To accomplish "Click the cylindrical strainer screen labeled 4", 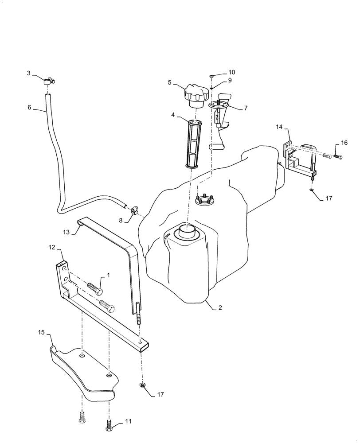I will (195, 144).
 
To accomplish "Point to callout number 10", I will (232, 72).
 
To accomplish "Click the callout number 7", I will (246, 108).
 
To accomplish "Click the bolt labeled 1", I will (95, 288).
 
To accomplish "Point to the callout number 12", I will (51, 248).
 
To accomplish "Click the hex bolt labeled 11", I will (109, 427).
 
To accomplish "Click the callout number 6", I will (29, 107).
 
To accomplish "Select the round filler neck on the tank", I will (187, 231).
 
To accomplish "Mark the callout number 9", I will (230, 80).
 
